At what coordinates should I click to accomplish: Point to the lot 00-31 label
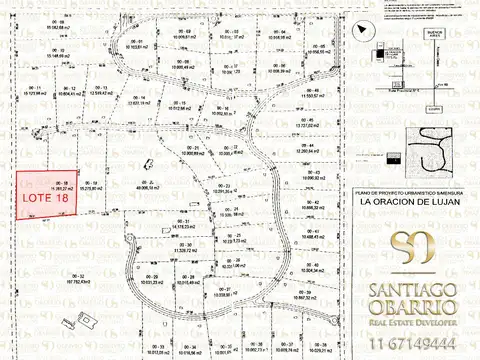tap(184, 222)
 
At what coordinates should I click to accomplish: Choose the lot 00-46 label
tap(313, 88)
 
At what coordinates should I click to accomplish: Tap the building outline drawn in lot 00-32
tap(87, 319)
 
